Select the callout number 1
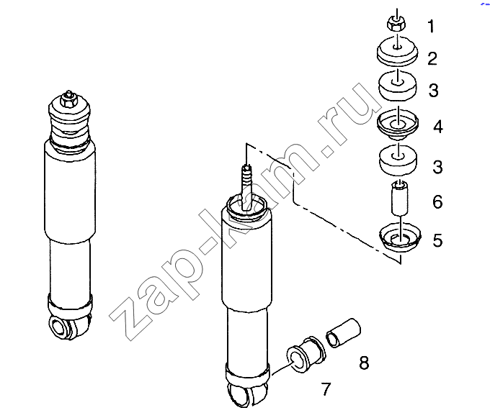tap(431, 26)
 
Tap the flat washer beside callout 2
tap(397, 52)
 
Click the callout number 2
tap(432, 59)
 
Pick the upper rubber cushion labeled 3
tap(397, 86)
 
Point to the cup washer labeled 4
tap(397, 124)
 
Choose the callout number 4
tap(438, 127)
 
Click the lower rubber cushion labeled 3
tap(398, 160)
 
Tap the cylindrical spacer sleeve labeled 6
tap(400, 198)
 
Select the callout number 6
tap(437, 201)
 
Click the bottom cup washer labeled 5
tap(400, 237)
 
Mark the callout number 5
tap(437, 240)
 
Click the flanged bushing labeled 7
tap(306, 355)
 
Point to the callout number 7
tap(326, 389)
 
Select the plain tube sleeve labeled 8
tap(343, 333)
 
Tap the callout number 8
tap(364, 363)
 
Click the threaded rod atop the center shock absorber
tap(247, 187)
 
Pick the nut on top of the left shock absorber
tap(69, 101)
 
